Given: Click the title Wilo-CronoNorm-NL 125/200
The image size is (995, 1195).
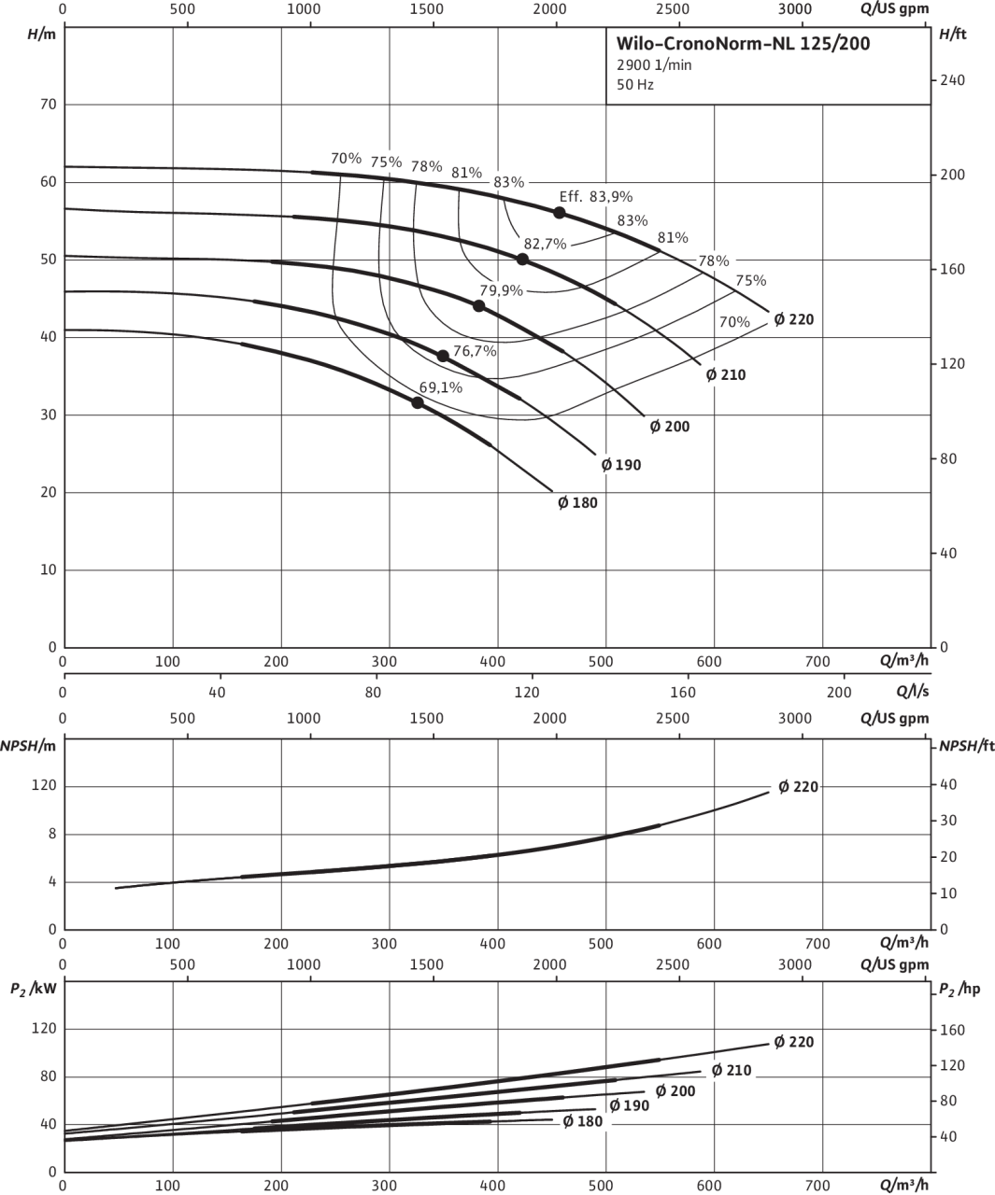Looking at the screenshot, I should coord(743,43).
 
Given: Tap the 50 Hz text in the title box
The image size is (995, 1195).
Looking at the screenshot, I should coord(634,84).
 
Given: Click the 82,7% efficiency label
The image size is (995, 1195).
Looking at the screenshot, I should coord(545,244).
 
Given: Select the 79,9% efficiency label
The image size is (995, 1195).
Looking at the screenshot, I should coord(501,290).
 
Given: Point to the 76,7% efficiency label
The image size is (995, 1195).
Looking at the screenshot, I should coord(474,352).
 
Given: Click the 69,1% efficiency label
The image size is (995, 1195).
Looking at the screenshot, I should coord(440,387).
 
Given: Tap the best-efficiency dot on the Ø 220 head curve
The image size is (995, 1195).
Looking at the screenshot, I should coord(559,213).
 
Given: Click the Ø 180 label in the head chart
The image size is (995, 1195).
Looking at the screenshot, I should coord(577,503).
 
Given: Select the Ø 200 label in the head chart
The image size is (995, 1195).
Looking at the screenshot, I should coord(669,427).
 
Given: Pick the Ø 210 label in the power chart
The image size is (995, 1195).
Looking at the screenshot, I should coord(732,1070).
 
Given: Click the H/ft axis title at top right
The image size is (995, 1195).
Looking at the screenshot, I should coord(953,34).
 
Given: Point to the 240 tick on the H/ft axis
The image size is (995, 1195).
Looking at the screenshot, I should coord(953,80).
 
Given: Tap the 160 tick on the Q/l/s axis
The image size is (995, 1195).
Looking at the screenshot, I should coord(683,692).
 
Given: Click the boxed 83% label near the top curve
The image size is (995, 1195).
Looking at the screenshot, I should coord(508,182).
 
